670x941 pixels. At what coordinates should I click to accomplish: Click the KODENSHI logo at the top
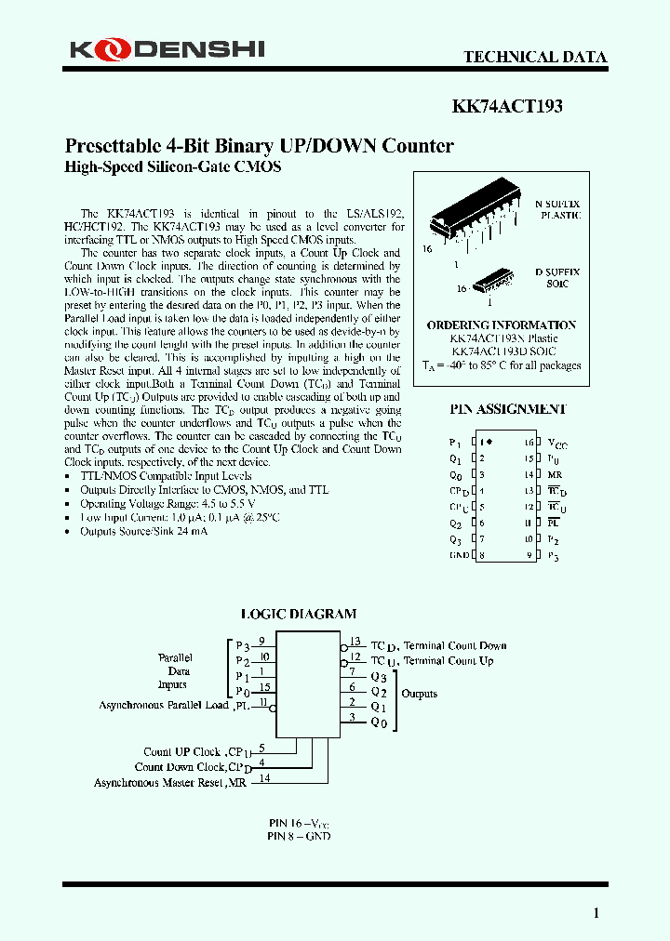click(x=164, y=49)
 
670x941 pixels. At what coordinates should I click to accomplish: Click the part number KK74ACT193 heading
click(x=507, y=106)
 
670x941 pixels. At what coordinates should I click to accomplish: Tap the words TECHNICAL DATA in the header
click(x=535, y=57)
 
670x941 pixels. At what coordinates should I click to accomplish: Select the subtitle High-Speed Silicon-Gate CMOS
click(x=172, y=167)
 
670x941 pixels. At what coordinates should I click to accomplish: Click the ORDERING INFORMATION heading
click(x=502, y=325)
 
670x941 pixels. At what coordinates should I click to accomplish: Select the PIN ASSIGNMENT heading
click(x=508, y=409)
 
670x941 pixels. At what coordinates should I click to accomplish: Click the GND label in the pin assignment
click(x=458, y=555)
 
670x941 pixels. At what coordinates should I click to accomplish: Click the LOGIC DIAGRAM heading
click(x=298, y=614)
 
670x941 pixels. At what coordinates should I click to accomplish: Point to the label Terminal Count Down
click(x=454, y=645)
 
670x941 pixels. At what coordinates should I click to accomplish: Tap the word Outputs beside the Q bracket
click(x=419, y=694)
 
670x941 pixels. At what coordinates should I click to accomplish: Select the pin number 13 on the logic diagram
click(x=355, y=640)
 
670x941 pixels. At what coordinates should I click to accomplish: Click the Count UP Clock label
click(x=181, y=751)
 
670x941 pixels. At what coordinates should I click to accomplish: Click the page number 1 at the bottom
click(x=596, y=912)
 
